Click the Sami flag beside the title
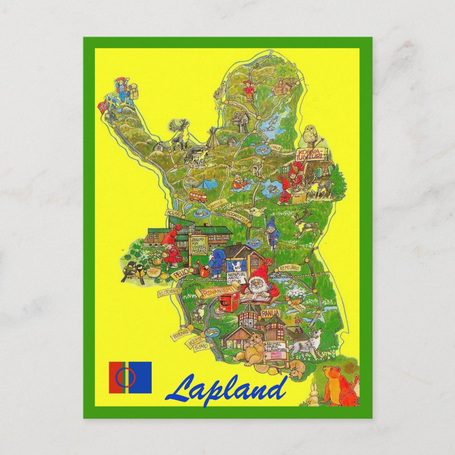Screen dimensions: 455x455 [x=130, y=377]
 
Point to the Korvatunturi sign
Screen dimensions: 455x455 [x=311, y=154]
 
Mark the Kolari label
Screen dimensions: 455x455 [x=174, y=214]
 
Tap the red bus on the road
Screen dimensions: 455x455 [x=198, y=196]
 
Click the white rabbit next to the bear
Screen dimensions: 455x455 [x=312, y=395]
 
